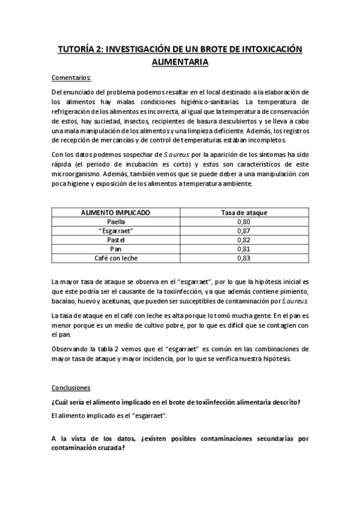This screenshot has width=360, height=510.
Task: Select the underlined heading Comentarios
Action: tap(72, 78)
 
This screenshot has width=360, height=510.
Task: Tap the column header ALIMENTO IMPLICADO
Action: tap(116, 213)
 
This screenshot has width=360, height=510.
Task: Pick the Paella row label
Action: tap(116, 222)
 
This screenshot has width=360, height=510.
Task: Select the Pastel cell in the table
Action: tap(116, 240)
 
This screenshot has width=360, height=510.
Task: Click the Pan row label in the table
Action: tap(116, 249)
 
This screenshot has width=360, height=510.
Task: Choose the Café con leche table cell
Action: tap(116, 258)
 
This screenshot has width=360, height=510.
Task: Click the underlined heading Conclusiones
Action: tap(71, 389)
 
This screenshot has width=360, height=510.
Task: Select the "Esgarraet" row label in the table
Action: tap(116, 231)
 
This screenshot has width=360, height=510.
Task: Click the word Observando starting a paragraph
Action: tap(71, 349)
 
